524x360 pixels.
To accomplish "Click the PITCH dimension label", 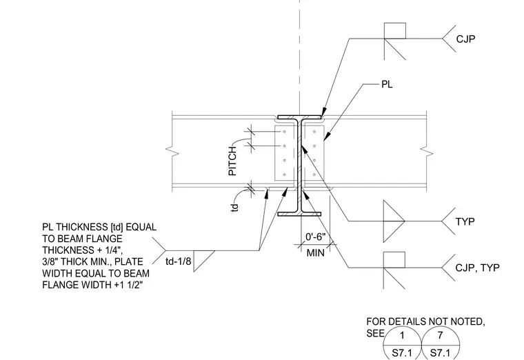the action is point(232,161).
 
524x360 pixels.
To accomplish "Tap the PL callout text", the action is point(387,84).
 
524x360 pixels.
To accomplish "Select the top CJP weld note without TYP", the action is point(465,39).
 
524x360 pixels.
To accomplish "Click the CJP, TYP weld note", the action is point(478,268).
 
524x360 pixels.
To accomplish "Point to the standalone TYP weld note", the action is point(465,221).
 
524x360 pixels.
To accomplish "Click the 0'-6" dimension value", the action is point(316,237).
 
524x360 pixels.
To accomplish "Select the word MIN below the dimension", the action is point(316,253).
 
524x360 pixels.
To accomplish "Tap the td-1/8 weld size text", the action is point(179,261).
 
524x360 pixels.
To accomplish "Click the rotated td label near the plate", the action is point(235,208).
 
